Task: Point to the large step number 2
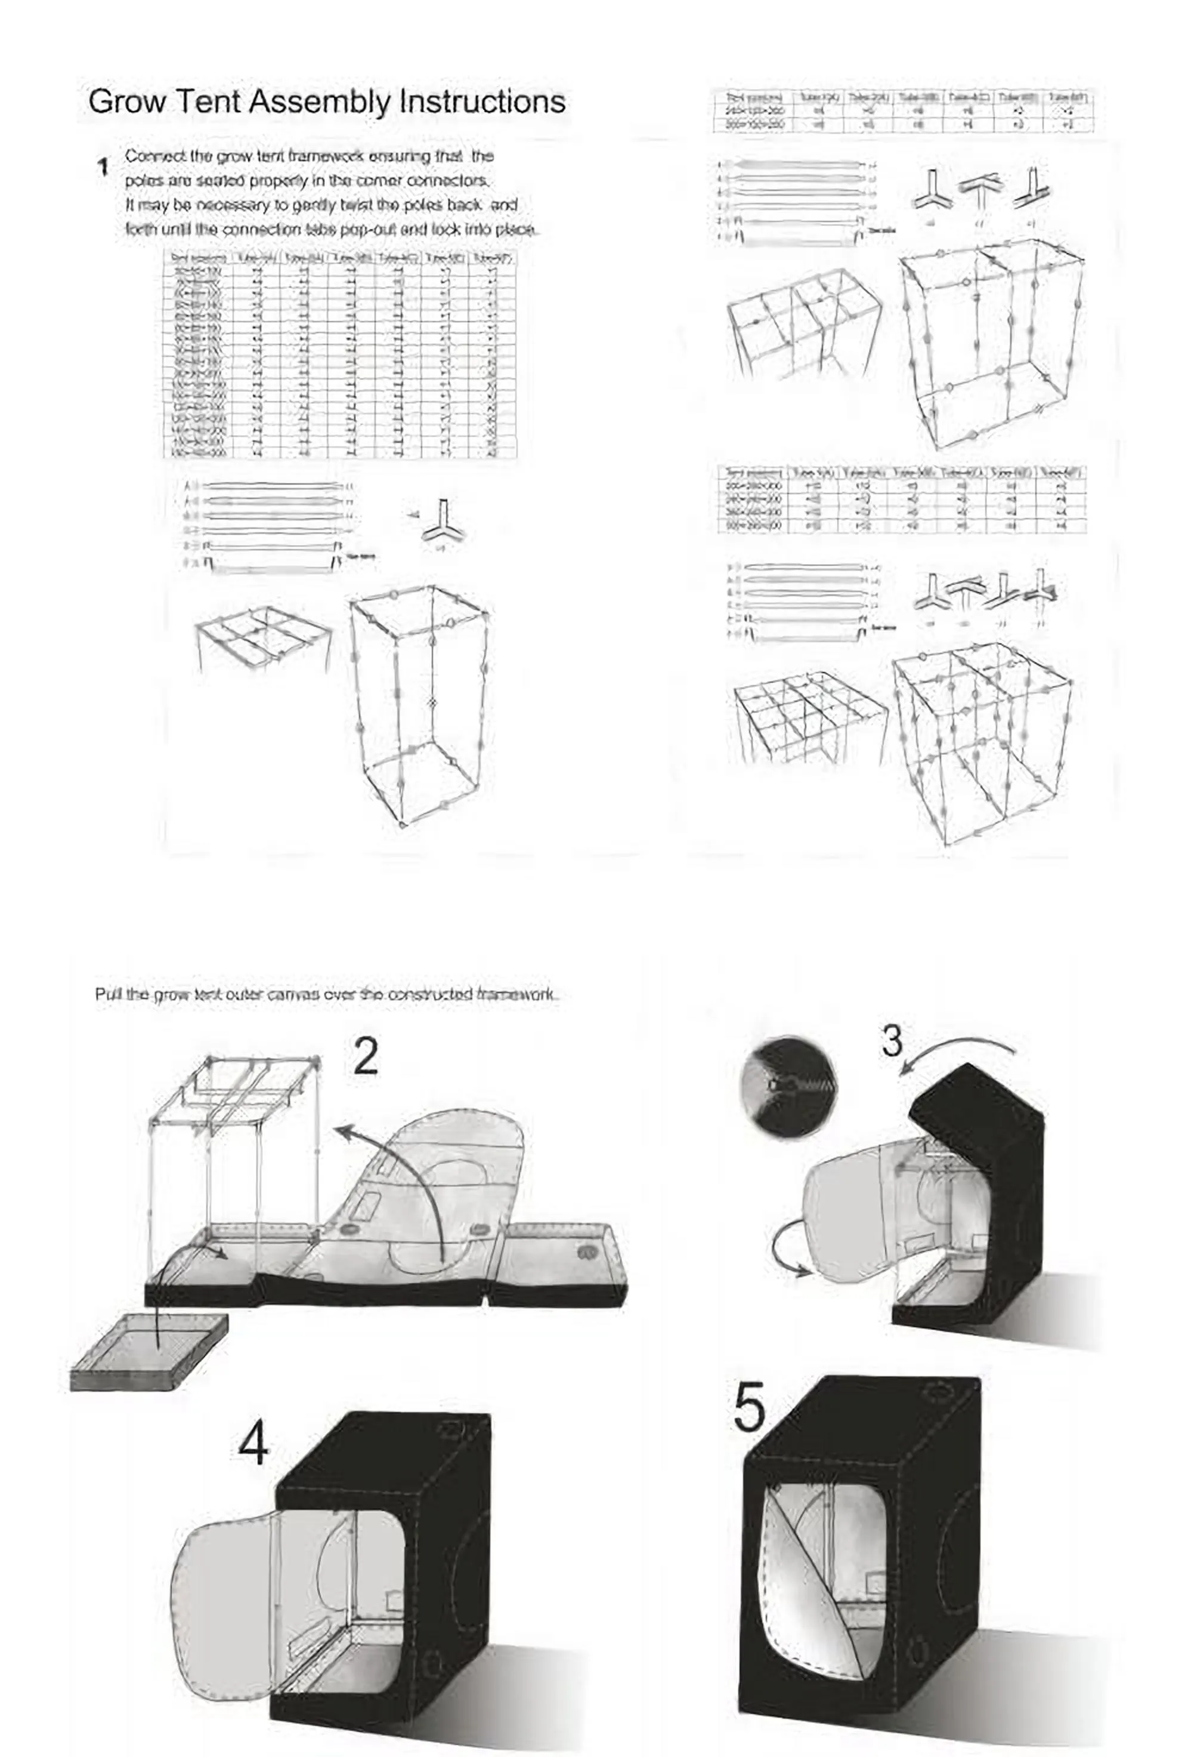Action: tap(366, 1056)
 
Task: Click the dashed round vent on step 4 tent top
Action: tap(454, 1429)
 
